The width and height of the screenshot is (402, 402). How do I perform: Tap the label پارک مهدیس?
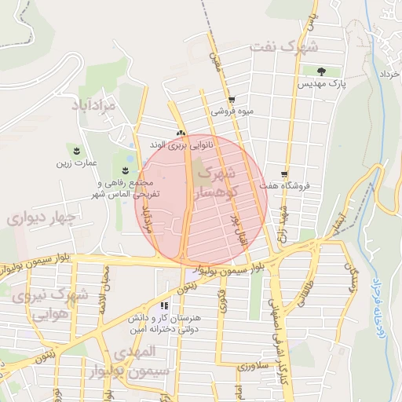click(323, 82)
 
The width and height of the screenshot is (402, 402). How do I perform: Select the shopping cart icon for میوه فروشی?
click(232, 100)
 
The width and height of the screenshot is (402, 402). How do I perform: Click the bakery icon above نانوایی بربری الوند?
click(181, 134)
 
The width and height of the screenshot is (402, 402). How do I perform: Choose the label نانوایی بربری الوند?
click(181, 145)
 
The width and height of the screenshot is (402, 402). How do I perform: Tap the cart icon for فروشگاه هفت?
click(284, 174)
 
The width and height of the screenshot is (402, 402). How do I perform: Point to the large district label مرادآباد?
click(95, 105)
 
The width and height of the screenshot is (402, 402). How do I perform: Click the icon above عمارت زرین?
click(76, 149)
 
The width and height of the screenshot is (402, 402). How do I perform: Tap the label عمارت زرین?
click(75, 163)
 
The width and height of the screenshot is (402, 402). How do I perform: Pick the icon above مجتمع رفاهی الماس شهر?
click(126, 170)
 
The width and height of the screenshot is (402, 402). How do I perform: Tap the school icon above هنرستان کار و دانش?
click(164, 305)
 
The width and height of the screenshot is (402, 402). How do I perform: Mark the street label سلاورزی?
click(253, 366)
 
